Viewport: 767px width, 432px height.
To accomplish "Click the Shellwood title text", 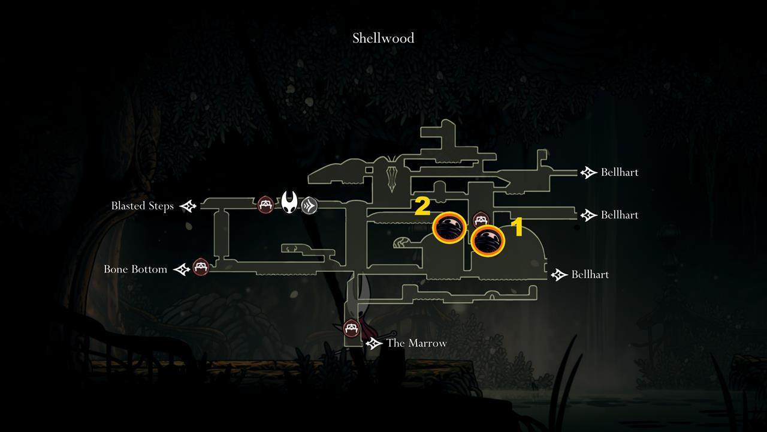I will click(x=383, y=38).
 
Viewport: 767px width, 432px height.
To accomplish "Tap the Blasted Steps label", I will click(x=142, y=206).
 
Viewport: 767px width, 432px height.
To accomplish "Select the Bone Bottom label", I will click(x=135, y=269).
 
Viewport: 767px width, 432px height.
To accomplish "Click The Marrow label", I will click(x=416, y=343).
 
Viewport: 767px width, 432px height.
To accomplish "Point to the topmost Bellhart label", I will click(x=619, y=172).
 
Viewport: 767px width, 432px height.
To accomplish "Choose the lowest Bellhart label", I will click(x=590, y=274).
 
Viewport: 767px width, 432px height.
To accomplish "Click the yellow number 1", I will click(x=516, y=228).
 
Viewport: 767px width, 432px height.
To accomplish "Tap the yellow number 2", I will click(x=422, y=206).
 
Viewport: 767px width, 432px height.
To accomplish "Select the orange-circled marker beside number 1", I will click(x=488, y=241).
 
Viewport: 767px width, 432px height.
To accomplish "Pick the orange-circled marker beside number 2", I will click(x=449, y=227).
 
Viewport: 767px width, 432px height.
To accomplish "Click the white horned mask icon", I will click(x=290, y=203).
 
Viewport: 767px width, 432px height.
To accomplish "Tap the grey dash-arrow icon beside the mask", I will click(x=309, y=205).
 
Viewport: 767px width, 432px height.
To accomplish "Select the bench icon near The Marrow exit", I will click(x=351, y=328).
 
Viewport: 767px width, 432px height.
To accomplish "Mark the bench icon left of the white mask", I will click(x=265, y=205).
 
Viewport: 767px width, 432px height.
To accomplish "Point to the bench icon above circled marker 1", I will click(x=481, y=220).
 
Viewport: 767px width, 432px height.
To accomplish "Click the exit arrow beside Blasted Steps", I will click(x=188, y=206).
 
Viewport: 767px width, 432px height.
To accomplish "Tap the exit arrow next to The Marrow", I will click(x=374, y=343).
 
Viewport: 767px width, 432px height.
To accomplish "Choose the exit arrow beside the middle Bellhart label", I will click(x=588, y=215).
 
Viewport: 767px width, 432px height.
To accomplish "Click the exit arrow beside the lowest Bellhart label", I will click(x=559, y=275).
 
